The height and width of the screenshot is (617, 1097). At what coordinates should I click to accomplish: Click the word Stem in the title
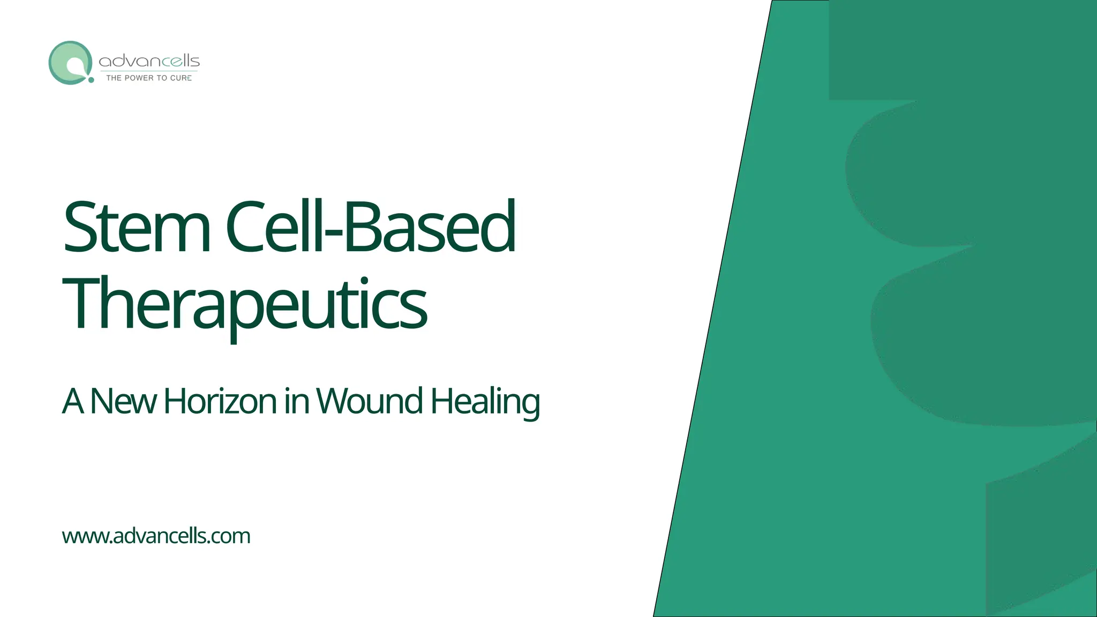pos(137,227)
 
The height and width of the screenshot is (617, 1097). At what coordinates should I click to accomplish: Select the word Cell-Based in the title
pos(370,227)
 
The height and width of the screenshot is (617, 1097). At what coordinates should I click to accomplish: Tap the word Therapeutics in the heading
pos(245,304)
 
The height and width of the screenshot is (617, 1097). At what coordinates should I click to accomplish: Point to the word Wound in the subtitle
pos(370,401)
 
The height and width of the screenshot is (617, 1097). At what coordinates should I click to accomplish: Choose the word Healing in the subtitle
pos(485,401)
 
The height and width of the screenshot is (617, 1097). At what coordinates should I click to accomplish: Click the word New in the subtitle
pos(123,401)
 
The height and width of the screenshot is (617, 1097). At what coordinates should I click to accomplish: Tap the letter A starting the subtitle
pos(73,401)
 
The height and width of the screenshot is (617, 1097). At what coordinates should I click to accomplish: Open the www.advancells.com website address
pos(156,536)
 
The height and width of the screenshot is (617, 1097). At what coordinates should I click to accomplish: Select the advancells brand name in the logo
pos(149,61)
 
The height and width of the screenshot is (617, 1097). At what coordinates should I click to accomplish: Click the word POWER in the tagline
pos(139,78)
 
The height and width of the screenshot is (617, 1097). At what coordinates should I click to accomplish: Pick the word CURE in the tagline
pos(181,78)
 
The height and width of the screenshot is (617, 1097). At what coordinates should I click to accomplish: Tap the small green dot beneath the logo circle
pos(91,80)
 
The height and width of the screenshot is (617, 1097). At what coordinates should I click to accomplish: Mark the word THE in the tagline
pos(114,78)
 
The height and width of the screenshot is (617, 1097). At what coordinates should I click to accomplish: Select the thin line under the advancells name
pos(149,71)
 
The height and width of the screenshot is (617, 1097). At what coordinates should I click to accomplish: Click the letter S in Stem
pos(80,227)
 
